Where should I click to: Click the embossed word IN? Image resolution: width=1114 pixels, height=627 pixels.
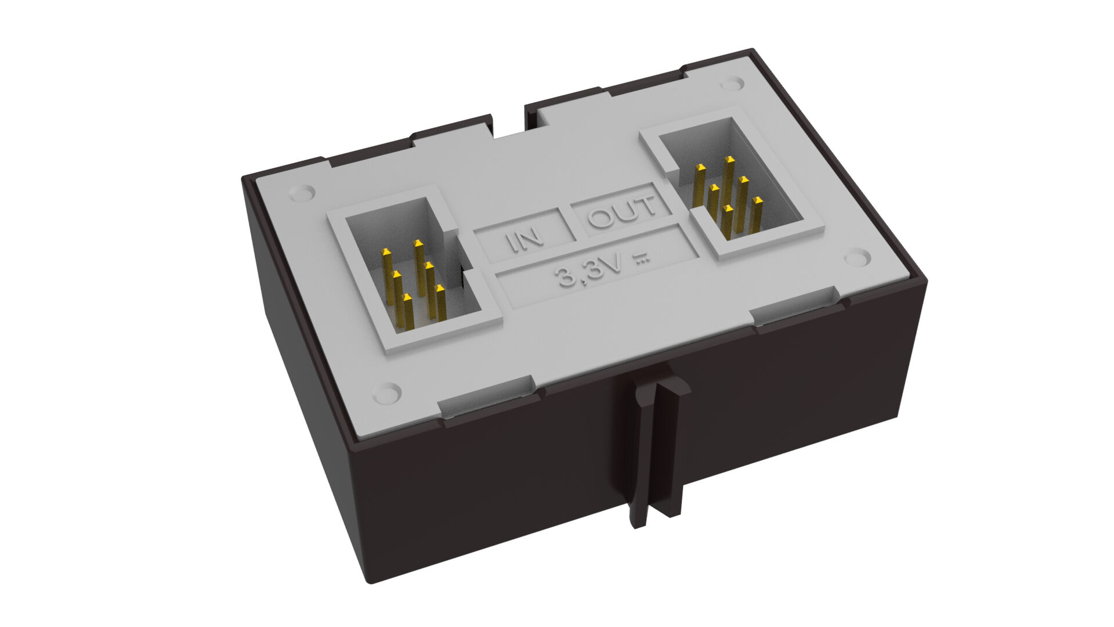click(x=523, y=240)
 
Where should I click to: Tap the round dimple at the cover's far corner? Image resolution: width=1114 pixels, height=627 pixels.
click(x=732, y=84)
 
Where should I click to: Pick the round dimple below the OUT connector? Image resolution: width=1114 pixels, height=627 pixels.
click(x=856, y=257)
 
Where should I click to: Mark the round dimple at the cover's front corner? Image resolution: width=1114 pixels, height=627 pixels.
click(x=387, y=393)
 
